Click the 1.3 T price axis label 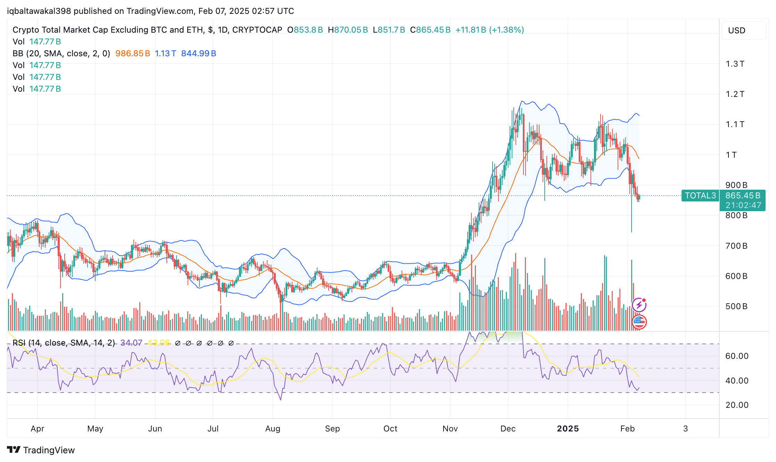[x=735, y=64]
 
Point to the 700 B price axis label [x=736, y=246]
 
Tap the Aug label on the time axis [x=273, y=429]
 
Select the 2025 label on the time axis [x=568, y=429]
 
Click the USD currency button [x=736, y=31]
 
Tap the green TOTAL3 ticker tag [x=700, y=196]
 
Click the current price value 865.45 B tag [x=743, y=196]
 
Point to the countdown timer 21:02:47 [x=743, y=205]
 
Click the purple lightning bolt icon [x=639, y=305]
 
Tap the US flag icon [x=639, y=322]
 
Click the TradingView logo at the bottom [x=41, y=450]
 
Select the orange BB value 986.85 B [x=133, y=53]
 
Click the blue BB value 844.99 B [x=199, y=53]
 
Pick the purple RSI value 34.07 [x=131, y=343]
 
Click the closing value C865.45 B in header [x=430, y=30]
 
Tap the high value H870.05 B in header [x=348, y=30]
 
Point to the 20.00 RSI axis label [x=737, y=405]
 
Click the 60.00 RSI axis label [x=737, y=356]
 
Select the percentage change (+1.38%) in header [x=506, y=30]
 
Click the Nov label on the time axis [x=450, y=429]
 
